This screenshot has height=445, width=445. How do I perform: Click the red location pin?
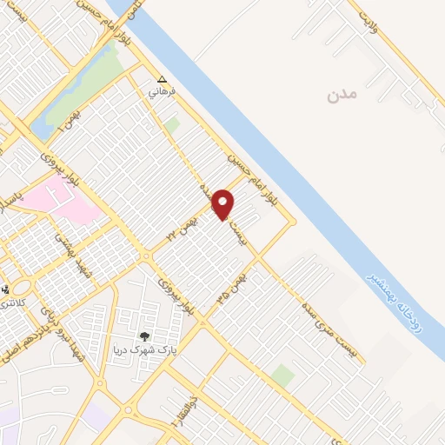(x=224, y=204)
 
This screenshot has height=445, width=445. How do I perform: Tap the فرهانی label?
(x=162, y=90)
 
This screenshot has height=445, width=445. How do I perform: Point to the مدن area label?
(x=342, y=94)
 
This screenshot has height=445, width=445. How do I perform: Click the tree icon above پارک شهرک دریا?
(x=145, y=336)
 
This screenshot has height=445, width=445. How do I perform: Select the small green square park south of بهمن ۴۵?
(x=282, y=376)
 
